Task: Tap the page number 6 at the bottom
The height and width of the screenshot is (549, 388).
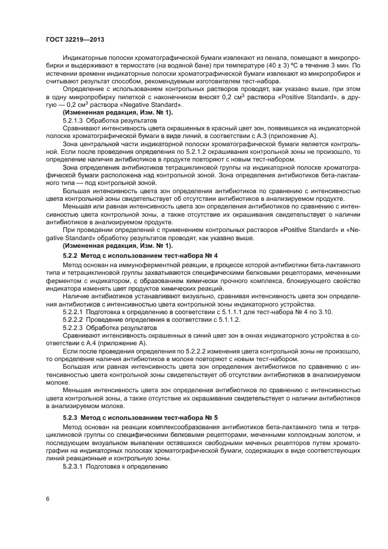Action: tap(47, 499)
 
